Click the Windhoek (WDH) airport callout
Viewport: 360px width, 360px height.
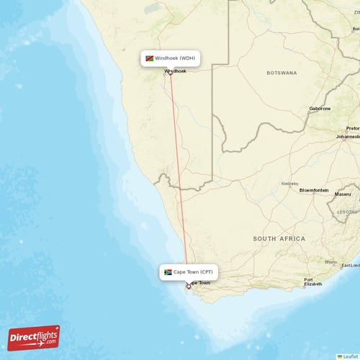(x=170, y=58)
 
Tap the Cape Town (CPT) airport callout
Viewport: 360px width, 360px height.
(x=189, y=272)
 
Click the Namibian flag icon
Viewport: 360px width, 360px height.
(x=149, y=58)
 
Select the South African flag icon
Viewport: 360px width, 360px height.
(x=168, y=272)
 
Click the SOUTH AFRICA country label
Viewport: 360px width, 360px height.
(x=279, y=238)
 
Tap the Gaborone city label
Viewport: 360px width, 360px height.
(x=320, y=109)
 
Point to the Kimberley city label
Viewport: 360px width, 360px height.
(x=289, y=183)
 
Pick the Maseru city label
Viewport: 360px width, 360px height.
(x=342, y=194)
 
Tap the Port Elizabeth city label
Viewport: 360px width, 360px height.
(x=312, y=282)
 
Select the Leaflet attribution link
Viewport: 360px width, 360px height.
(x=348, y=356)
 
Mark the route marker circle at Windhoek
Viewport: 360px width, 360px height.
(x=171, y=73)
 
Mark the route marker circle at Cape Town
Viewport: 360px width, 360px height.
(x=188, y=287)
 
